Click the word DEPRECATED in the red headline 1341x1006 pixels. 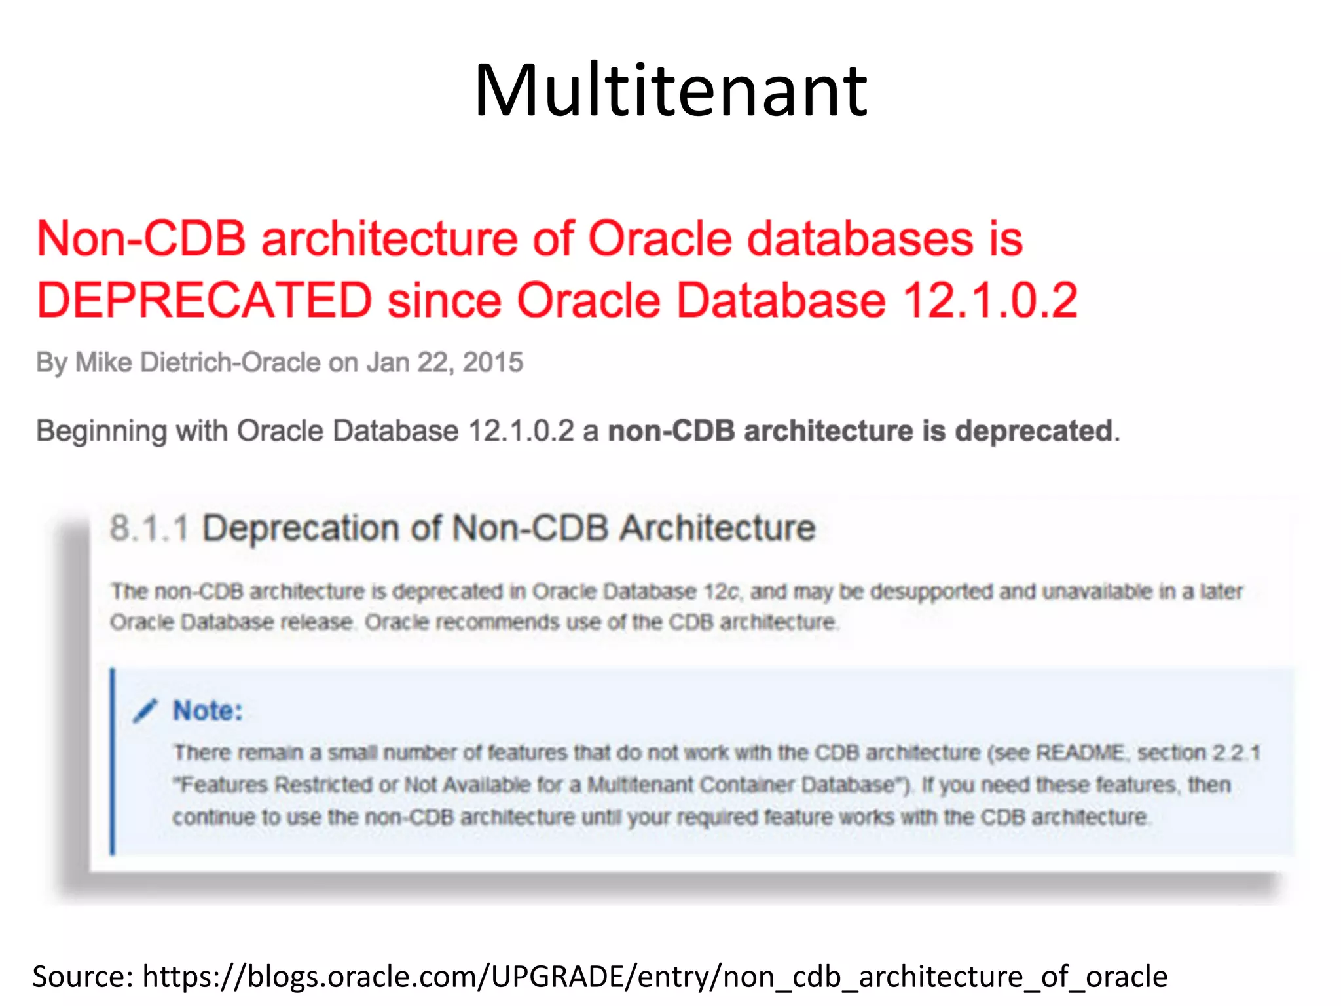(x=204, y=301)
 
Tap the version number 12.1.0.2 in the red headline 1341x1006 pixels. (x=990, y=301)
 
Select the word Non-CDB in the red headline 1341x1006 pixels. (x=141, y=238)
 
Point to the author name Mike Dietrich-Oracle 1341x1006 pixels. (x=198, y=362)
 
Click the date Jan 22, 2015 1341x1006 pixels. (x=445, y=362)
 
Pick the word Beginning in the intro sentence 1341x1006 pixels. (x=101, y=432)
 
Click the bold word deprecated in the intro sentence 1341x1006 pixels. (x=1034, y=431)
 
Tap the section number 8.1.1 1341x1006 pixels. (x=149, y=529)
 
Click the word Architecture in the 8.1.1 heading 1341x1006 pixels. (x=718, y=529)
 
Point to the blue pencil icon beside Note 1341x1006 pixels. (x=145, y=711)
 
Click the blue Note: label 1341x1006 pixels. (x=208, y=711)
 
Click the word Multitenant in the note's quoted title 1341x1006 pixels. (x=639, y=785)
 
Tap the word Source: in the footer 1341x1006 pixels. (x=83, y=977)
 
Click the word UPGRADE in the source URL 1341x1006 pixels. (x=560, y=977)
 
